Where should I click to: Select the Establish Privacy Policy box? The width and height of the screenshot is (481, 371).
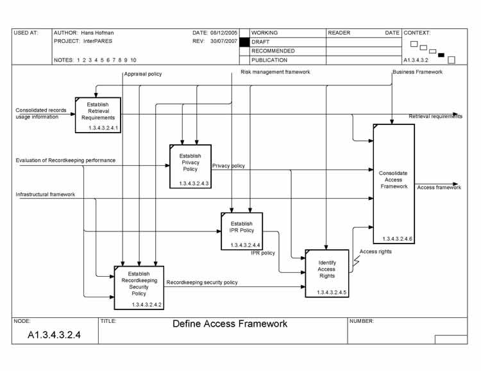(190, 166)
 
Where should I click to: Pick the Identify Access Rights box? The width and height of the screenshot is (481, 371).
(327, 273)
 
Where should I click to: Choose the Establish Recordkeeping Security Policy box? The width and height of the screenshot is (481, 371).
(139, 287)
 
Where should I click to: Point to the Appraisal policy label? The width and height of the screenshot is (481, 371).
(143, 74)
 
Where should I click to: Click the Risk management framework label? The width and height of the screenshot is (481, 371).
(275, 72)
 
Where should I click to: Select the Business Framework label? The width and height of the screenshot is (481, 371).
(418, 72)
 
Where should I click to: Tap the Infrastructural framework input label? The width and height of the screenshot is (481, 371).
(46, 194)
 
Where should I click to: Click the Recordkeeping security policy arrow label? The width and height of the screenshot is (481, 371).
(202, 282)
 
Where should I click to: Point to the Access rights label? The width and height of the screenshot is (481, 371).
(376, 252)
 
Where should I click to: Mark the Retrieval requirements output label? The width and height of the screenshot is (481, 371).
(435, 117)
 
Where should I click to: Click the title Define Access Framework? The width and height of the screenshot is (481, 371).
(230, 324)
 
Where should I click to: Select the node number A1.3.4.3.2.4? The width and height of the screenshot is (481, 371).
(54, 335)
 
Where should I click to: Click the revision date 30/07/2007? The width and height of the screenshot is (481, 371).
(224, 41)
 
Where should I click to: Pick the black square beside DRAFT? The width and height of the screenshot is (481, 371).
(244, 42)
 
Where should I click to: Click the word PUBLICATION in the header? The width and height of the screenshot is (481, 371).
(269, 60)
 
